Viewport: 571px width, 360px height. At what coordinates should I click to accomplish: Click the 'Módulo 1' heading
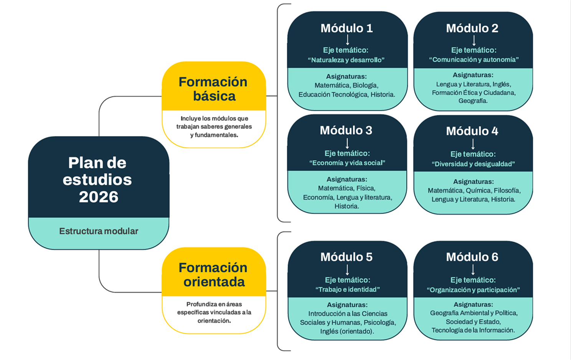click(x=347, y=28)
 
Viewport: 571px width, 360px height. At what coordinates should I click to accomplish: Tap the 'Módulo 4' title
click(x=472, y=131)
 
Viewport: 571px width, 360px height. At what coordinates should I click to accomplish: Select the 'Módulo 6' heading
click(x=472, y=257)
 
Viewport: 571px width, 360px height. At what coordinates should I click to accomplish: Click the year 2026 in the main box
click(x=99, y=197)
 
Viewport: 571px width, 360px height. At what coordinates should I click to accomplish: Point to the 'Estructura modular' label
click(x=99, y=231)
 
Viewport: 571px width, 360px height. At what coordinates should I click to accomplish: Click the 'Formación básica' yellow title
click(x=213, y=89)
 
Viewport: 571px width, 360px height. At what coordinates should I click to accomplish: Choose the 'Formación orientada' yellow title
click(x=213, y=274)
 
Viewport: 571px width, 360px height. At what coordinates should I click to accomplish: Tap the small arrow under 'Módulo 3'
click(x=347, y=143)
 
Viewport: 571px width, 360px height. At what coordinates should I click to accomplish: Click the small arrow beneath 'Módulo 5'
click(x=347, y=269)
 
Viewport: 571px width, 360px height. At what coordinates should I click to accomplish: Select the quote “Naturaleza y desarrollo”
click(x=346, y=60)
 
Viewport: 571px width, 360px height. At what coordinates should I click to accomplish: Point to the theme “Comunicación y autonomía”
click(x=474, y=59)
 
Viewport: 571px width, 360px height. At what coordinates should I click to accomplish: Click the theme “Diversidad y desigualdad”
click(x=473, y=164)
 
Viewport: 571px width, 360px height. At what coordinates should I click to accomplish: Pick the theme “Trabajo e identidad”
click(x=347, y=289)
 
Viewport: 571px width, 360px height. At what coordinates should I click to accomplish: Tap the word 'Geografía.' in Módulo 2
click(x=473, y=101)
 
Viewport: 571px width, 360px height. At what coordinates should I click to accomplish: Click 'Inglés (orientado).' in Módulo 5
click(x=347, y=331)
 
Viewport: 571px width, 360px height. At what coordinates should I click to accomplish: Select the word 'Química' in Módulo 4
click(x=478, y=190)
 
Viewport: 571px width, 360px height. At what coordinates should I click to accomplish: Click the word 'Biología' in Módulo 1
click(x=365, y=85)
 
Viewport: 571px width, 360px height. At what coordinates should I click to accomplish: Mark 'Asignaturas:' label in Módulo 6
click(x=473, y=304)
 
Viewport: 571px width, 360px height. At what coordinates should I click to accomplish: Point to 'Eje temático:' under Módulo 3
click(x=347, y=153)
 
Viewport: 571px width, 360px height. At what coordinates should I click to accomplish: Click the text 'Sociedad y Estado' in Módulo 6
click(x=473, y=322)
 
